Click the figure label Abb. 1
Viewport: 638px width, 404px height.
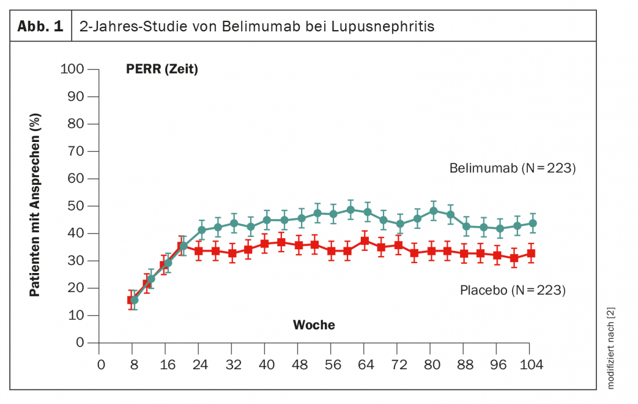pos(41,27)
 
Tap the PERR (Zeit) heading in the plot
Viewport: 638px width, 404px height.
pos(162,70)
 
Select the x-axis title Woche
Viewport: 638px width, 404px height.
pos(314,325)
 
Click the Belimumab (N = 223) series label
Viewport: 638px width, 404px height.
pos(512,169)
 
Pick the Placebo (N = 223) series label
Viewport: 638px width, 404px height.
pos(512,290)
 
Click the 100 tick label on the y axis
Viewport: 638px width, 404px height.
pos(72,70)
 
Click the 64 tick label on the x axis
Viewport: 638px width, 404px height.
pos(364,365)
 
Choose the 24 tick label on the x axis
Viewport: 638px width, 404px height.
pos(199,365)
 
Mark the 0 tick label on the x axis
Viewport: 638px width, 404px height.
pos(101,365)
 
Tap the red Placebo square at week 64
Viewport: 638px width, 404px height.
pos(364,241)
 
